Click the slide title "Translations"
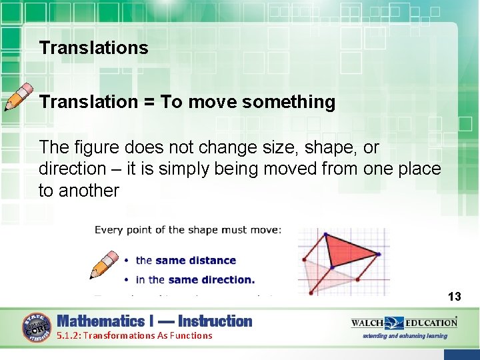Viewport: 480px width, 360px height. [93, 48]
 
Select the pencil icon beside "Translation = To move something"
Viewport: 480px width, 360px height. [19, 97]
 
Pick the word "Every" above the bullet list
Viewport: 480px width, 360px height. [109, 230]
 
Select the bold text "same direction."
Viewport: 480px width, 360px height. [211, 280]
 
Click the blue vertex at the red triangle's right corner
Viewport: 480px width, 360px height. [379, 254]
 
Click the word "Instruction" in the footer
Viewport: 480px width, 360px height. [215, 321]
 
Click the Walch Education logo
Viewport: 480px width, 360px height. [404, 323]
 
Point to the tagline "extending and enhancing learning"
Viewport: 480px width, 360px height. [405, 336]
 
